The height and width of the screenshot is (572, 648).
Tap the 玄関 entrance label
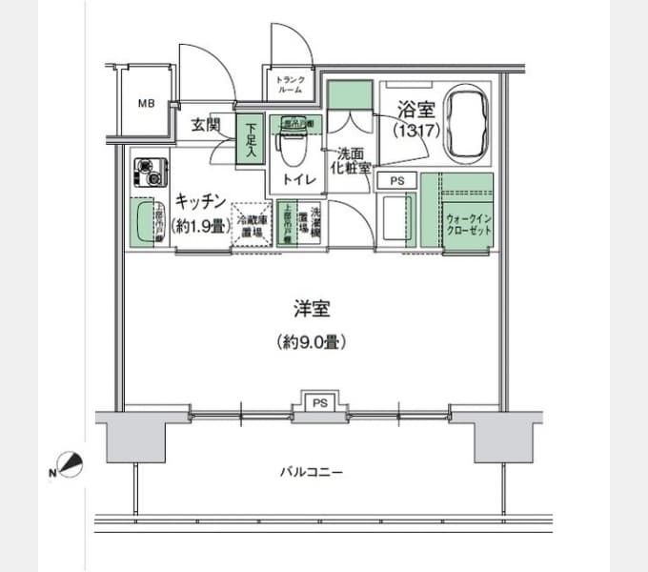[x=205, y=125]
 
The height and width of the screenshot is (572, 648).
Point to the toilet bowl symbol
[x=291, y=147]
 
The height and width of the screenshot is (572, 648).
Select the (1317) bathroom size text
[x=418, y=132]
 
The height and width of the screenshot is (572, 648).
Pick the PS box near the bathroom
[x=396, y=179]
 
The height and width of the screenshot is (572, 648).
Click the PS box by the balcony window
[x=321, y=402]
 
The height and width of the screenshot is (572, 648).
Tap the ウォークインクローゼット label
[x=467, y=224]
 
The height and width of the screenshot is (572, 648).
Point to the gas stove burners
[x=150, y=172]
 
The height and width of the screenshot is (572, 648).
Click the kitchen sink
[x=146, y=223]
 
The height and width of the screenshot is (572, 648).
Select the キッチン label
[x=199, y=201]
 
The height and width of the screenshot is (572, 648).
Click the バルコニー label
[x=311, y=472]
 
